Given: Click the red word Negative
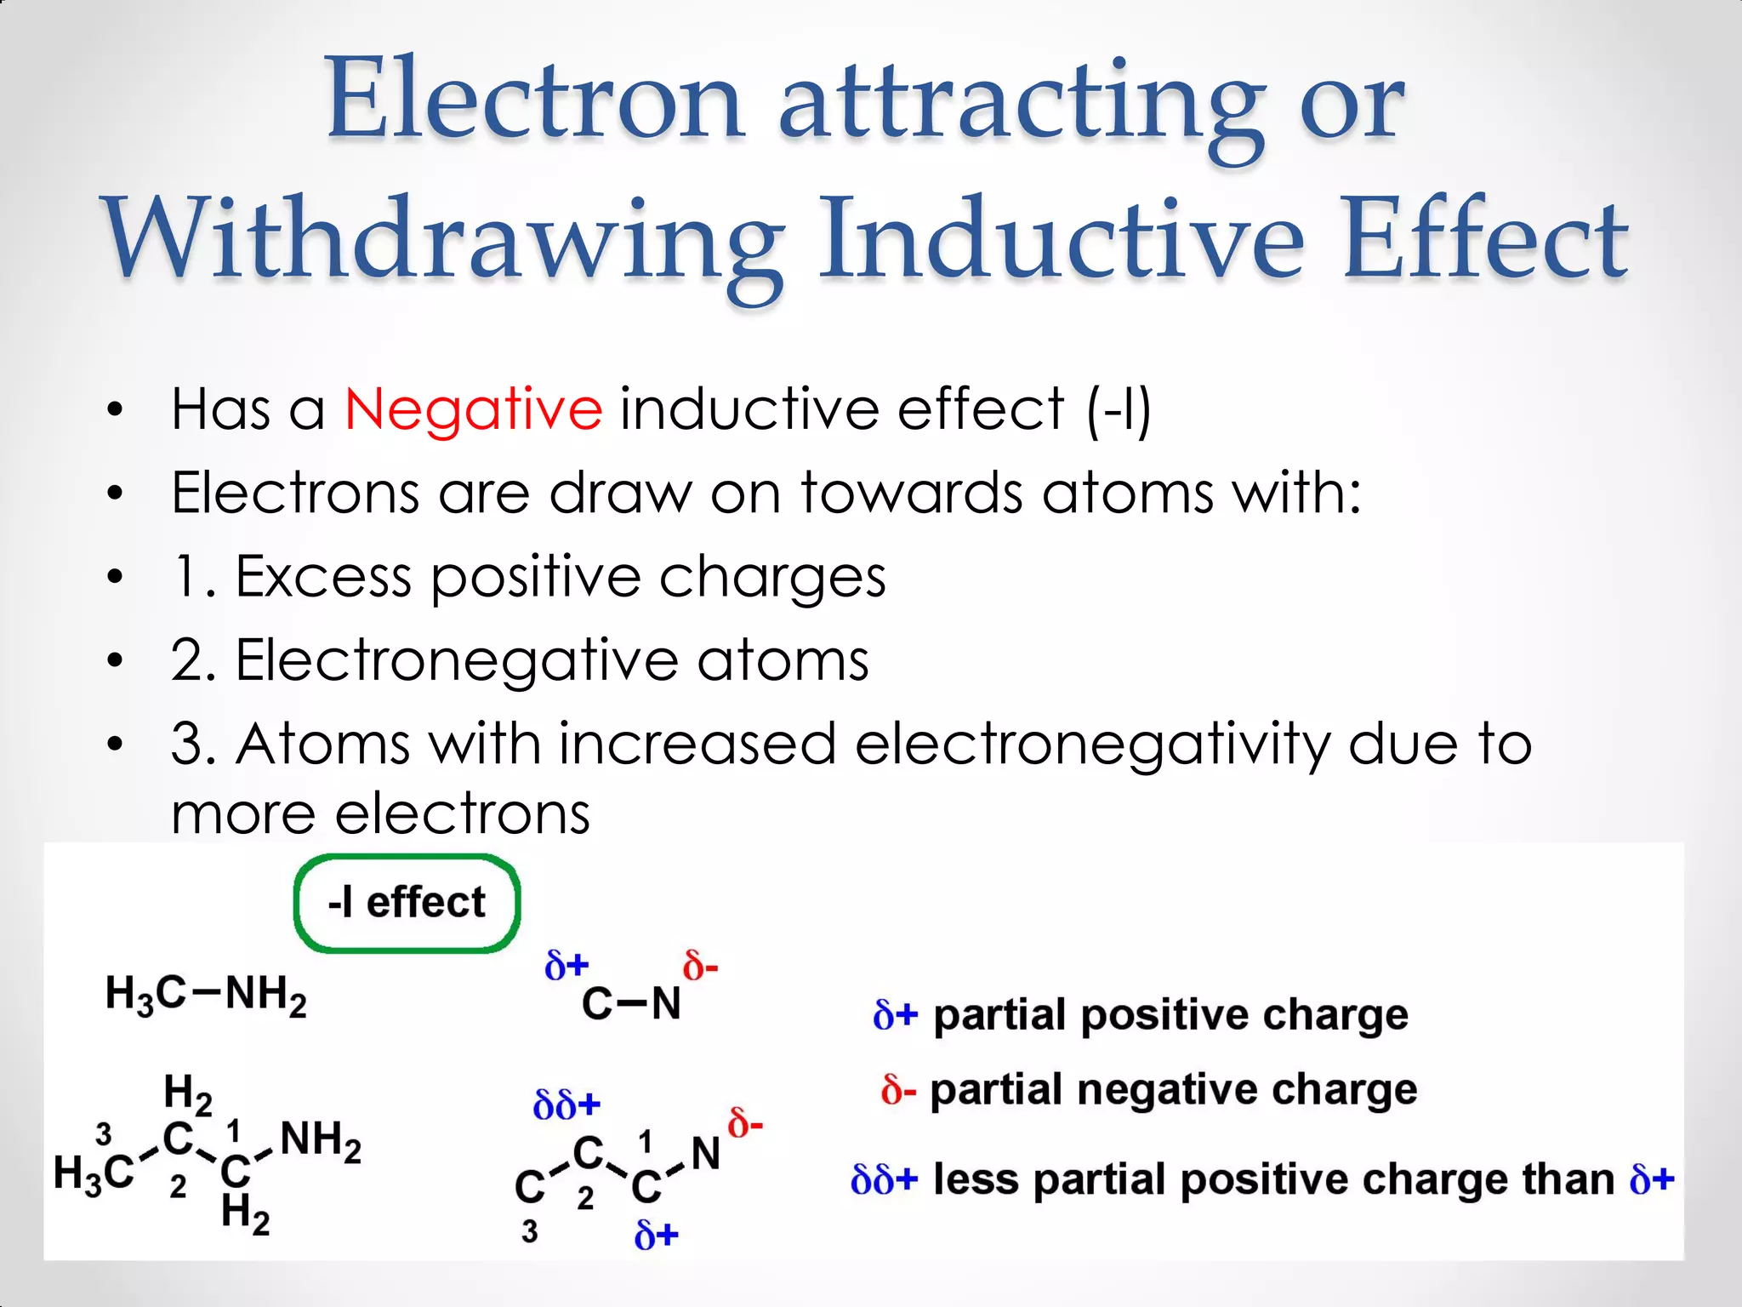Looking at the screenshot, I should pos(473,409).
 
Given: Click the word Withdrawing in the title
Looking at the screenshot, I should pos(442,240).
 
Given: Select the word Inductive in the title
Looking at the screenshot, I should pos(1060,240).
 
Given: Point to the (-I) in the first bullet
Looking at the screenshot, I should pos(1119,410).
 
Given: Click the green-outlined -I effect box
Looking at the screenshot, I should pos(407,903).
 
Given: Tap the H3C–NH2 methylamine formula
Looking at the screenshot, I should pos(205,994).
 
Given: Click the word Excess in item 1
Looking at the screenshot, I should pos(323,577).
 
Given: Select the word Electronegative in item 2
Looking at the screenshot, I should pos(456,660).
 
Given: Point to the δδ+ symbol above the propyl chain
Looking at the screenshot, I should pos(566,1105).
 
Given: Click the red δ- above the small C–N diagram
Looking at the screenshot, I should pos(700,967).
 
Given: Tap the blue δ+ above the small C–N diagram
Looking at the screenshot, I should pos(566,966).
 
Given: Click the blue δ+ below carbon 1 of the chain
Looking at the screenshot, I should pos(656,1234).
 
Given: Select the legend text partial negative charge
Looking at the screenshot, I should pos(1173,1090).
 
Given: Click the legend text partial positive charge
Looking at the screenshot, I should pos(1170,1015).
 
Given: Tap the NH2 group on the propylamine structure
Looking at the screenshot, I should pos(321,1140).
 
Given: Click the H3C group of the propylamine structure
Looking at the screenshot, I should pos(93,1173).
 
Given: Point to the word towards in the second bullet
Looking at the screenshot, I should pos(911,494).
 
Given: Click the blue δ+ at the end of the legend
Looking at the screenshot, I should pos(1651,1180).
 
